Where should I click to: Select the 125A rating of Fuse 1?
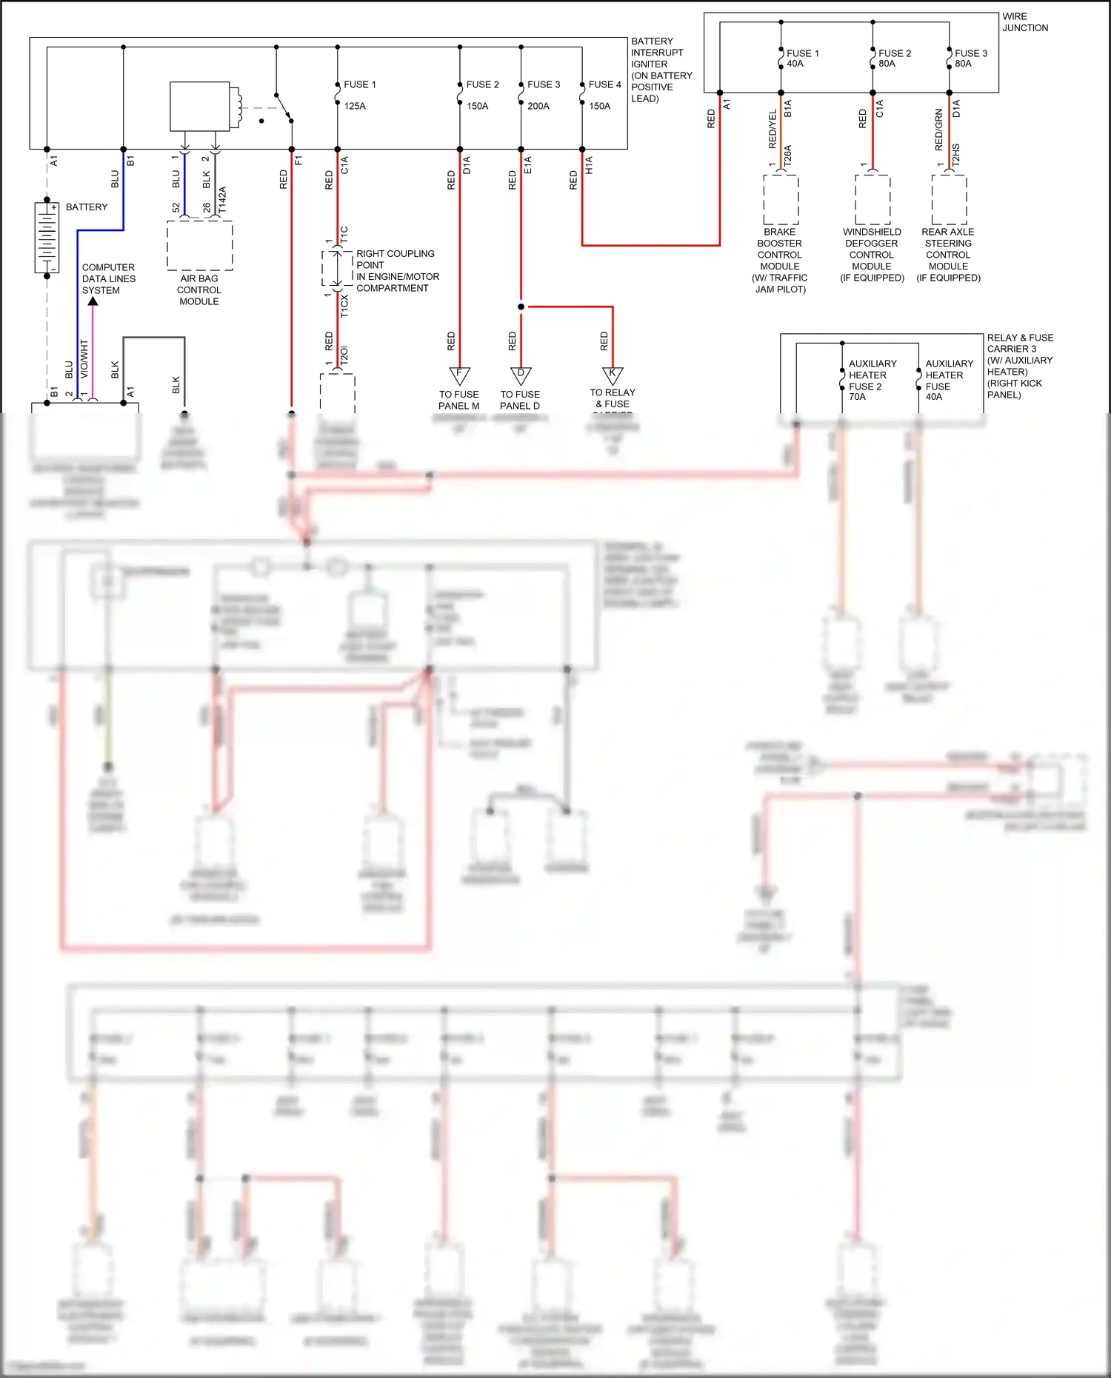tap(355, 106)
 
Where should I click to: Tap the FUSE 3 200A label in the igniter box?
tap(543, 95)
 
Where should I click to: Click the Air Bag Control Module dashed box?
tap(199, 245)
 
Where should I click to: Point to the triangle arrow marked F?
tap(459, 375)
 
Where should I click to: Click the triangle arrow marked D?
tap(521, 375)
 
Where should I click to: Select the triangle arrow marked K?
tap(613, 375)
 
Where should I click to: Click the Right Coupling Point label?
tap(397, 270)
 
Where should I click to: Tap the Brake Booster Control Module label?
tap(780, 260)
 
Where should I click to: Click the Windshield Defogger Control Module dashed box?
tap(873, 200)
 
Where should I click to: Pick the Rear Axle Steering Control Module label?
tap(948, 254)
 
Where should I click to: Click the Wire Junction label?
tap(1025, 22)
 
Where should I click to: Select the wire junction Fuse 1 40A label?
tap(802, 58)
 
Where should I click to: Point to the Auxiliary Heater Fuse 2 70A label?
tap(871, 380)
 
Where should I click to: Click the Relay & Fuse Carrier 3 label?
tap(1019, 366)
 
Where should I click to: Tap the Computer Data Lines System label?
tap(108, 278)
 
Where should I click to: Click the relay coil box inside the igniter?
tap(200, 107)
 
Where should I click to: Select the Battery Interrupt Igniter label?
tap(661, 70)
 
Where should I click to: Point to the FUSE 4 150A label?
tap(604, 95)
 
